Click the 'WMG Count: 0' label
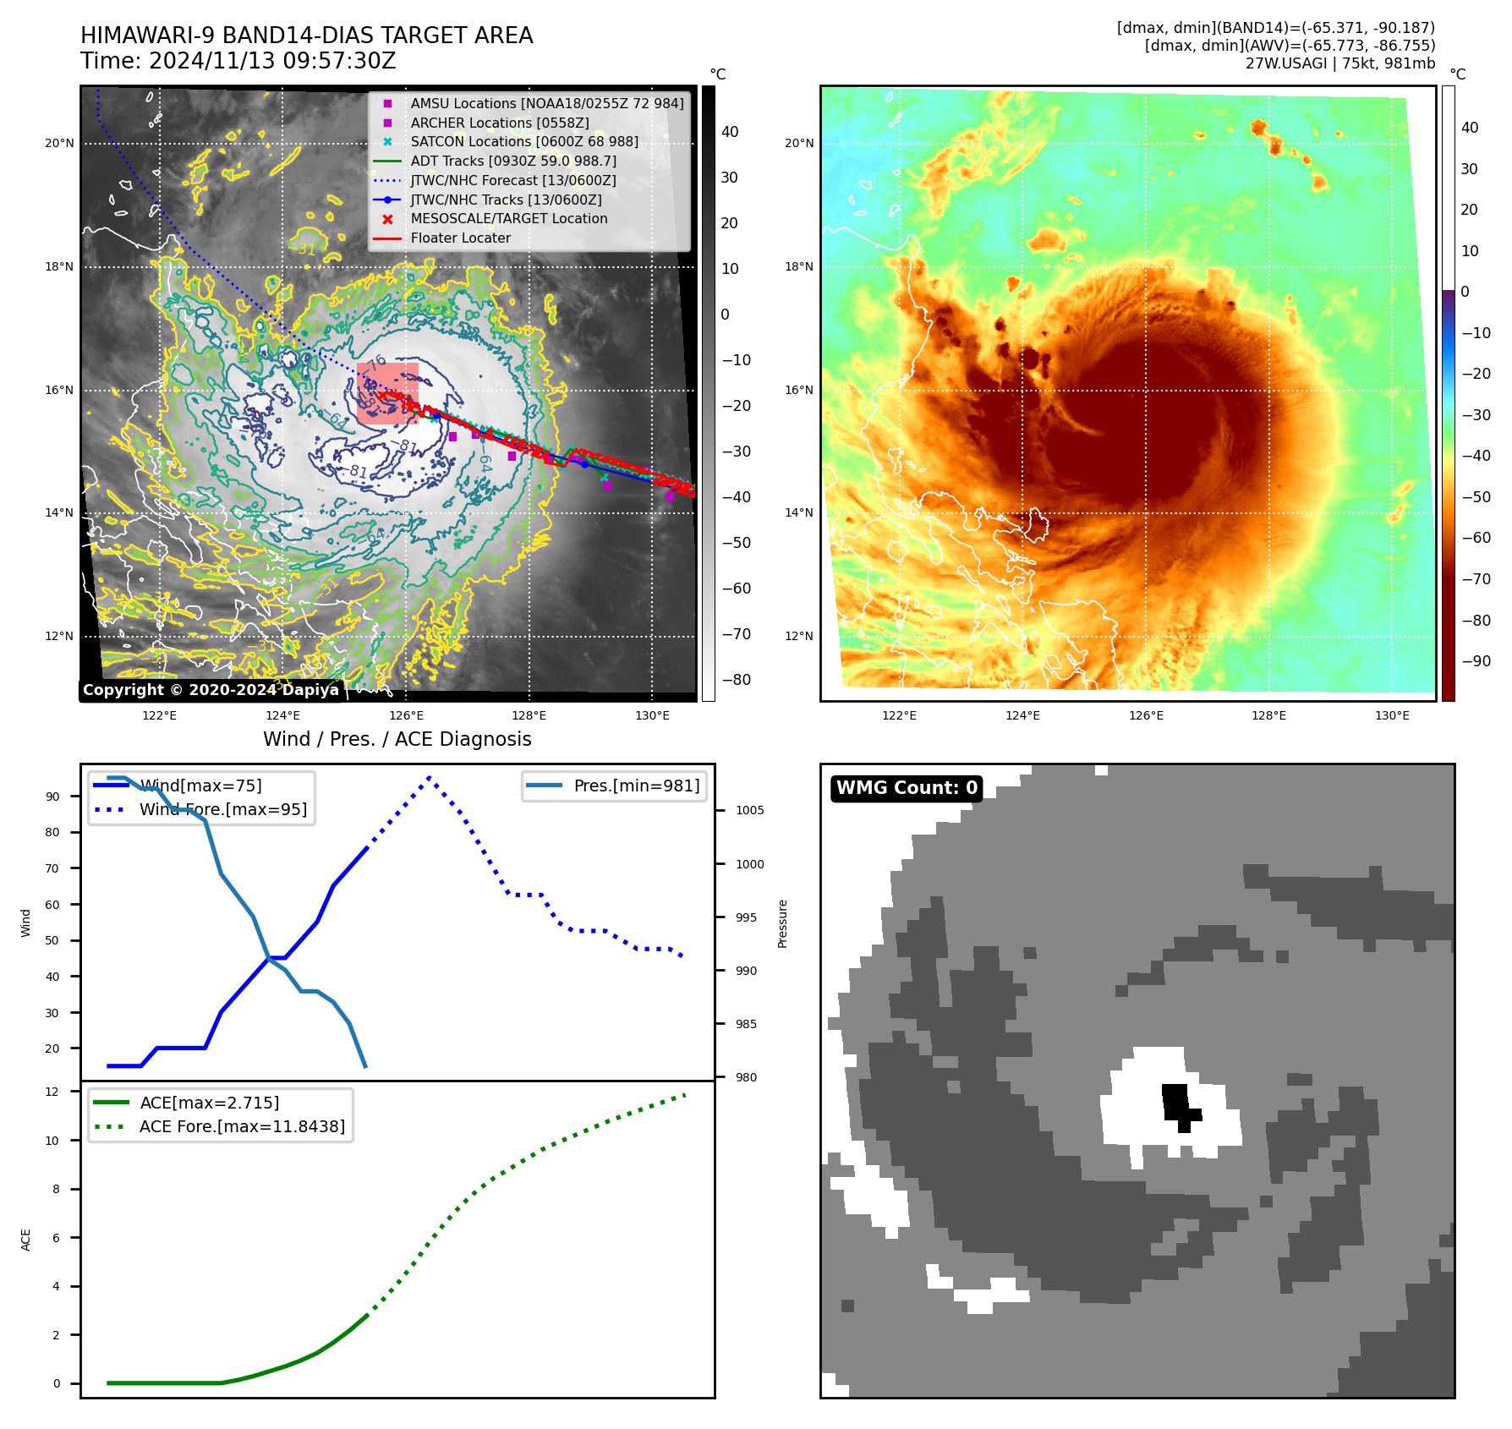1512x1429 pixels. [x=906, y=788]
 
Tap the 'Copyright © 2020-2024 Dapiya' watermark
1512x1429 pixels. [x=211, y=690]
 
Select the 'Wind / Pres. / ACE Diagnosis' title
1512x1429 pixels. [x=397, y=739]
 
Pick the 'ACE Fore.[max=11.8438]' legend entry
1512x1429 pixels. [x=242, y=1126]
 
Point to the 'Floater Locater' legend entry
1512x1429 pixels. [x=460, y=238]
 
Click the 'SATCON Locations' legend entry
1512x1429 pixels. [x=524, y=142]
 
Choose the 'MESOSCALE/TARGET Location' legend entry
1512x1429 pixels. [x=508, y=219]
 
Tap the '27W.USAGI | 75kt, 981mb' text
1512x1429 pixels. [x=1339, y=63]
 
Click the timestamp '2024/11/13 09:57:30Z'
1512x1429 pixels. [x=271, y=61]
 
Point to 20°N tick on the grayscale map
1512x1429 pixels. [x=59, y=144]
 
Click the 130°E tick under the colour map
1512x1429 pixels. [x=1392, y=715]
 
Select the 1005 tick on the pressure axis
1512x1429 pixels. [x=749, y=810]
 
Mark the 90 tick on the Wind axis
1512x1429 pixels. [x=53, y=797]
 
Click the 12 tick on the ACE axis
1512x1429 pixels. [x=52, y=1092]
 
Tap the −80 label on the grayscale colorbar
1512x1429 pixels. [x=736, y=680]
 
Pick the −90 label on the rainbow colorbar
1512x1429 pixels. [x=1476, y=661]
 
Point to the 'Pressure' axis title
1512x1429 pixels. [x=783, y=923]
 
